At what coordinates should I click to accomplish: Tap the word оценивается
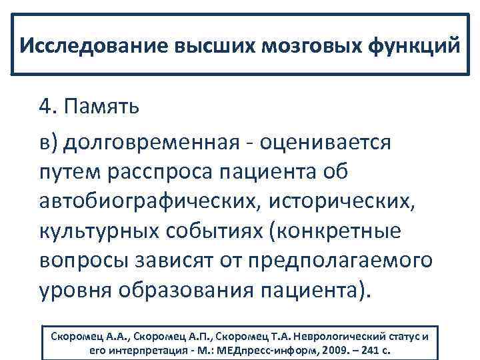coord(325,142)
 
